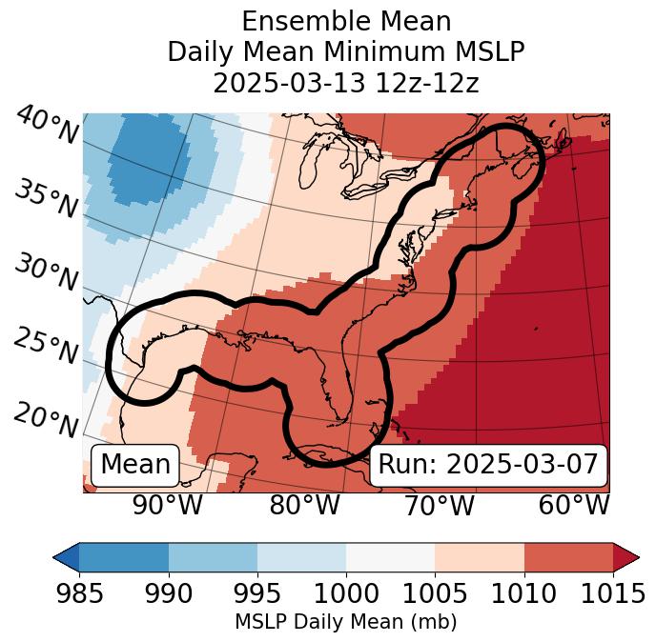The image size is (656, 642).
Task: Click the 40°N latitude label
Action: (x=47, y=126)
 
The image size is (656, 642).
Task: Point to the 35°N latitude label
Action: (x=46, y=198)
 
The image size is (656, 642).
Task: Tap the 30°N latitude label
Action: (x=45, y=272)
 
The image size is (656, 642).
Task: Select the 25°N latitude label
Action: (x=45, y=347)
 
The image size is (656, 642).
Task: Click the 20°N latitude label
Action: (x=45, y=419)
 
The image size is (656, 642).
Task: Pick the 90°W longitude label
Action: (x=167, y=506)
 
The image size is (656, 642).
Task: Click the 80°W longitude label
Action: (x=304, y=506)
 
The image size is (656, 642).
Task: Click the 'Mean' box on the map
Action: (x=135, y=465)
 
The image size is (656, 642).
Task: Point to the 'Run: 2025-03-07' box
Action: (x=488, y=465)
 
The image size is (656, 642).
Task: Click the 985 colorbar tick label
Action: (x=79, y=594)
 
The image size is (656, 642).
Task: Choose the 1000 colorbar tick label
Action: (x=346, y=594)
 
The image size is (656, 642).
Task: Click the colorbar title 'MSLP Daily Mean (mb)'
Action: (x=345, y=623)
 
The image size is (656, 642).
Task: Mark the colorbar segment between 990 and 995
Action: (x=213, y=557)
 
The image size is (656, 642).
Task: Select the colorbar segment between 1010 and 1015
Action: (x=568, y=557)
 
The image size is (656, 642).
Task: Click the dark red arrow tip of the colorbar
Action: (x=626, y=557)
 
